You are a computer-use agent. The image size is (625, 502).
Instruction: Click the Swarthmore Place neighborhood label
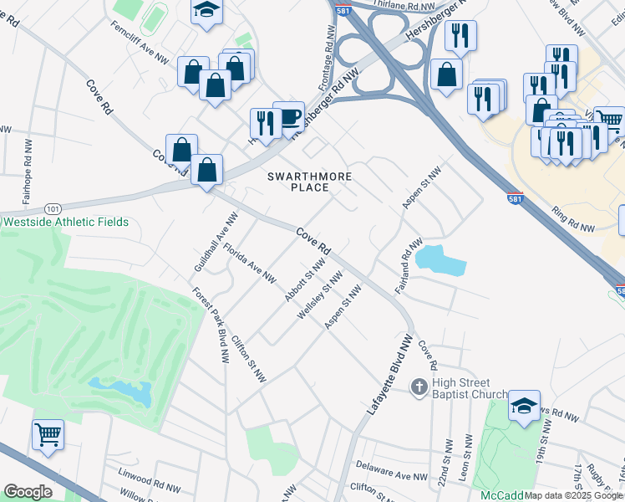(x=309, y=182)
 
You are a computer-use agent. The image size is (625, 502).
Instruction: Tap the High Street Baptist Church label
(x=470, y=388)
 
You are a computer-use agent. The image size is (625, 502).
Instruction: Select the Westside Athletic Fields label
(x=66, y=222)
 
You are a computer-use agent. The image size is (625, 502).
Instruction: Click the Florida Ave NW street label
(x=250, y=264)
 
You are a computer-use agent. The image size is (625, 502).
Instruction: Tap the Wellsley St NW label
(x=320, y=295)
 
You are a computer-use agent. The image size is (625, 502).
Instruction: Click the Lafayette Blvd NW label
(x=390, y=377)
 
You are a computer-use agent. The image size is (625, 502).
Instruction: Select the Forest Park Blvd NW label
(x=211, y=325)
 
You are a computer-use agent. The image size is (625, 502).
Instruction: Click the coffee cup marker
(x=289, y=117)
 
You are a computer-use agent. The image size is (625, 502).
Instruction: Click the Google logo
(x=28, y=492)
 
